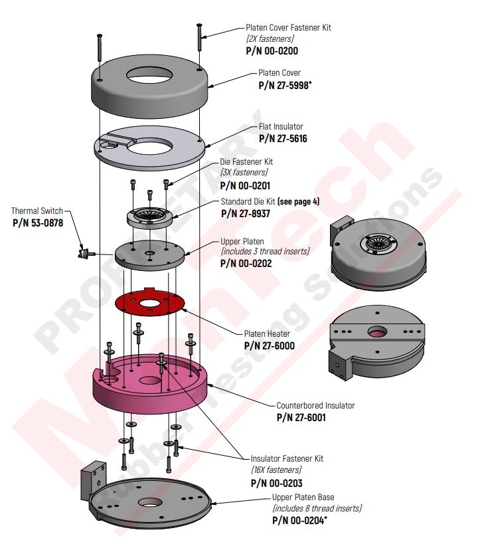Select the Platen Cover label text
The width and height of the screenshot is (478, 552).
point(279,73)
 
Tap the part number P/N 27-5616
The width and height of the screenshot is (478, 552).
point(283,139)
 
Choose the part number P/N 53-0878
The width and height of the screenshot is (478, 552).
point(38,223)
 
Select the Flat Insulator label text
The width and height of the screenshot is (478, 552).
point(281,127)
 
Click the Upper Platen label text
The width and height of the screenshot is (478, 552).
point(242,241)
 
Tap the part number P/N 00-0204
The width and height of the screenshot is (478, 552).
point(299,521)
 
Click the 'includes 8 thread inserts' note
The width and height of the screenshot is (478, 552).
point(317,508)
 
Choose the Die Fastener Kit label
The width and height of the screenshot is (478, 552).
point(246,161)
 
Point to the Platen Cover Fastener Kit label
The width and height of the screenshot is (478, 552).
point(288,28)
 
